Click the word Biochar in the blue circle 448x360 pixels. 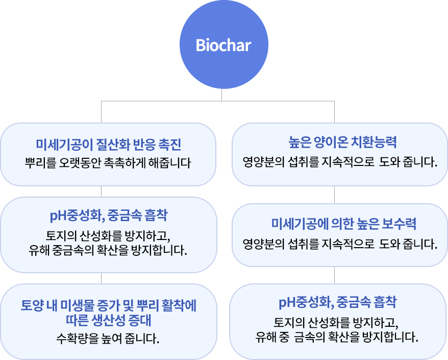click(223, 45)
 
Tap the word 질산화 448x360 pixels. click(113, 145)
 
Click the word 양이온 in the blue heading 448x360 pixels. click(331, 142)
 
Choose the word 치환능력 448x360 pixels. click(374, 142)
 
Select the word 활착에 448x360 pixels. click(179, 305)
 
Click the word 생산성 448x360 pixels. click(108, 320)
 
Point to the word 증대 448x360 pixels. click(140, 320)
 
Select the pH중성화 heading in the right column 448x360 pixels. click(306, 302)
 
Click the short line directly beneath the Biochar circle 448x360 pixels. click(222, 94)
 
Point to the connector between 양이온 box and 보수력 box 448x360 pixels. click(334, 195)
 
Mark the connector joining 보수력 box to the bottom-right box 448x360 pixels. click(334, 275)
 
